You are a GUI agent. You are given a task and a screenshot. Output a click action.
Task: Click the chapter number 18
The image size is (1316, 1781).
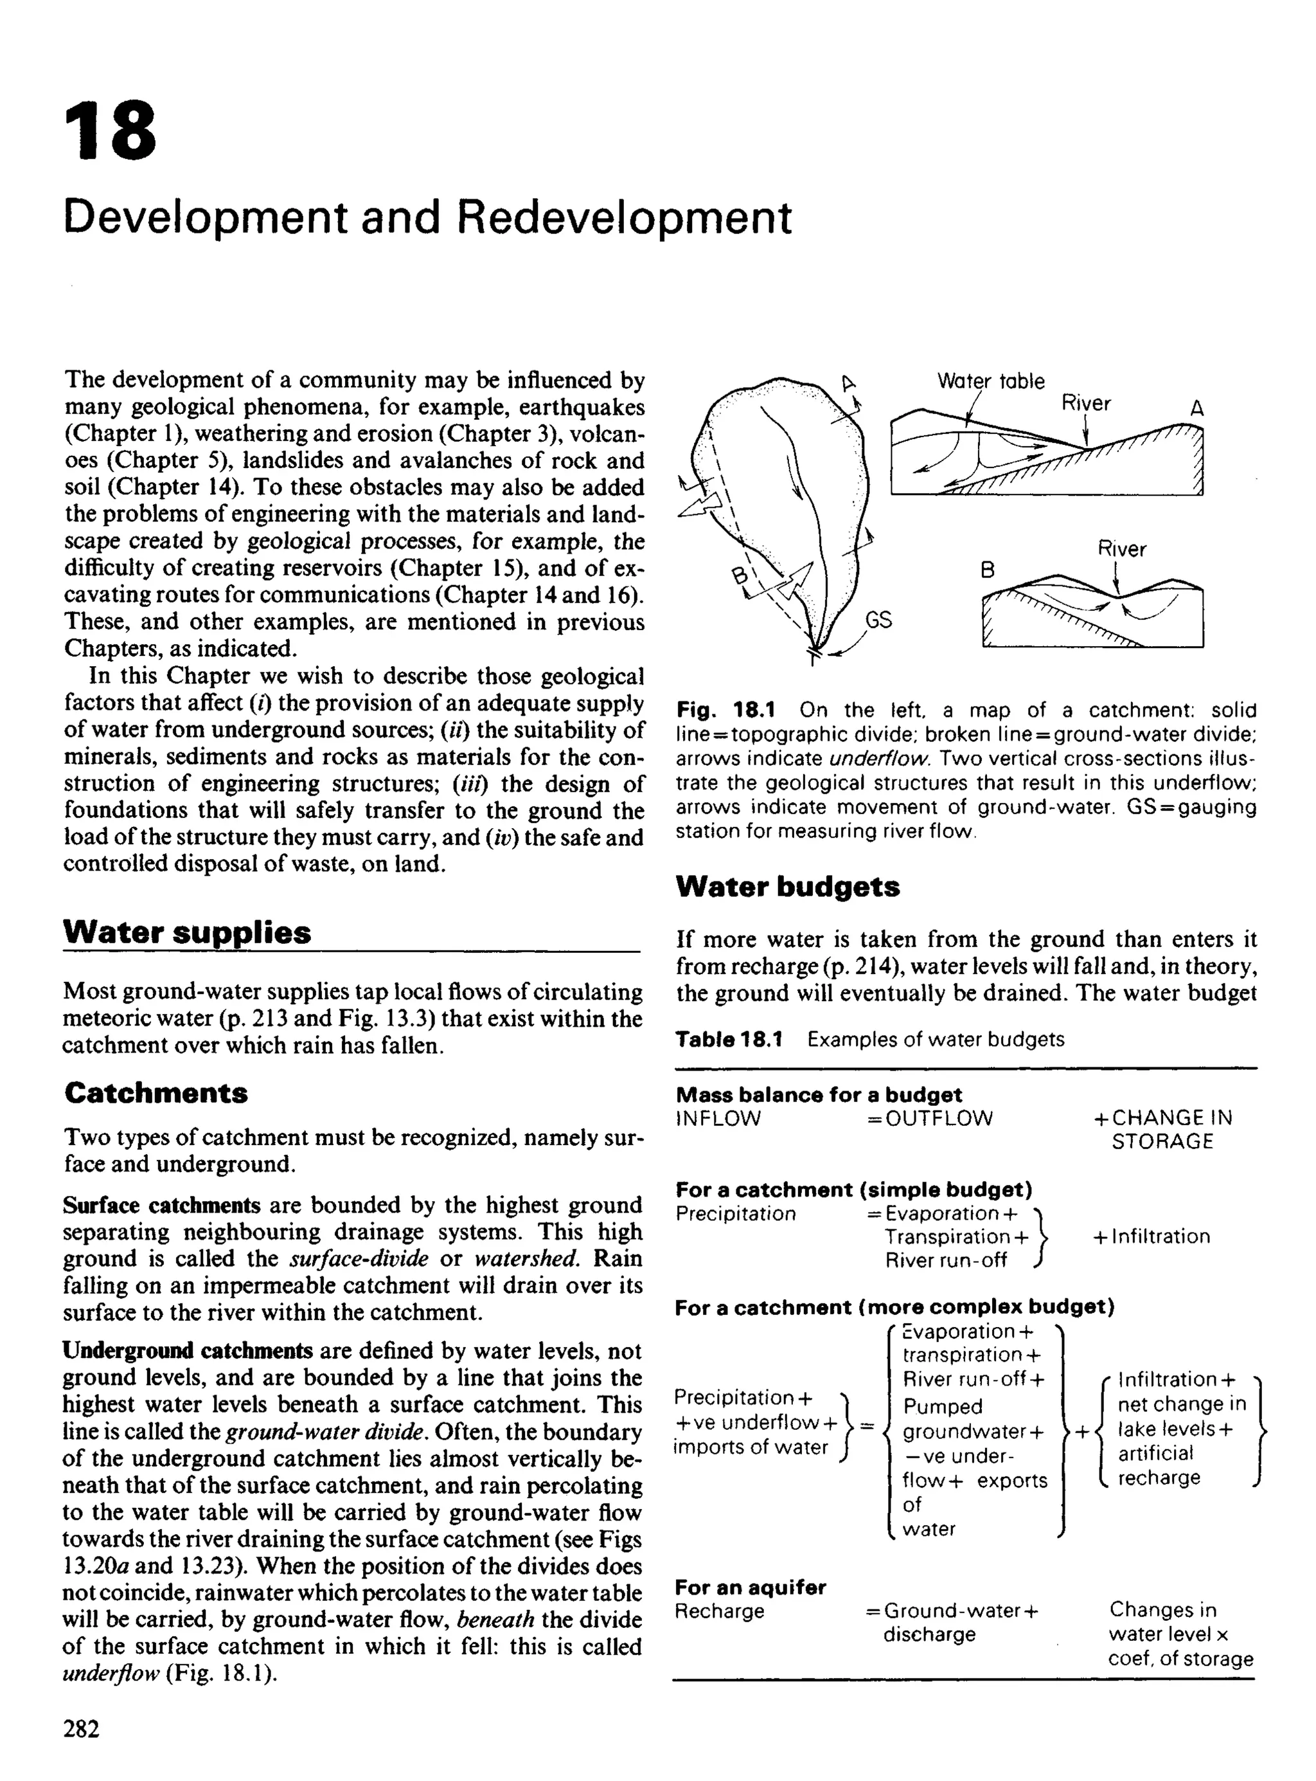[111, 130]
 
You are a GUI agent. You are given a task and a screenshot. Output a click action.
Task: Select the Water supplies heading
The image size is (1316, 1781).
[187, 932]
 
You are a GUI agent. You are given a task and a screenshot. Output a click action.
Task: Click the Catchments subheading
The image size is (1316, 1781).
[156, 1092]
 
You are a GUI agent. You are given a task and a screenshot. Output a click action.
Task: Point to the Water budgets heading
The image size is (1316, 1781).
[787, 886]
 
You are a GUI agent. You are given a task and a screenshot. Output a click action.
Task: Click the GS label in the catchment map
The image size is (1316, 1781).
[878, 619]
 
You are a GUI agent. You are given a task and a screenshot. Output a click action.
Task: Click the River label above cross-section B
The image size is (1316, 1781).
[1122, 548]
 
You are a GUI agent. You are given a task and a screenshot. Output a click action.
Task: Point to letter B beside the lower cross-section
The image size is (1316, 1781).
[988, 570]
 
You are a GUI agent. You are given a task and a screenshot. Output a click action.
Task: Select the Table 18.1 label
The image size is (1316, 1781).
[729, 1039]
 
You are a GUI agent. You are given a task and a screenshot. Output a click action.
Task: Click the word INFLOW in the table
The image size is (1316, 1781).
[718, 1118]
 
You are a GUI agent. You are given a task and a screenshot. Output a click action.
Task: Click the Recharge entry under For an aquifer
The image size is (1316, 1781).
[718, 1611]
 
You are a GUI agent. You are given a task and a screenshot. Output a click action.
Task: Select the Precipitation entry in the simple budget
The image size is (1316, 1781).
[735, 1214]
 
